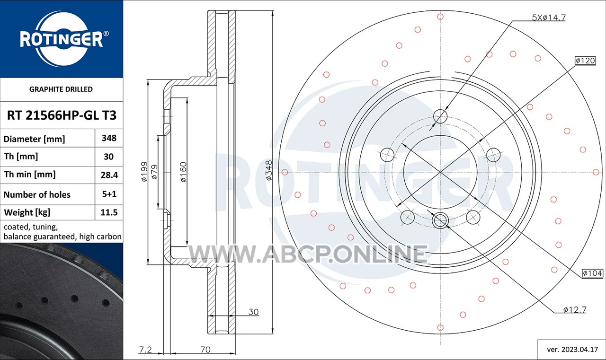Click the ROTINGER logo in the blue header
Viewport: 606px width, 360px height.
click(x=62, y=39)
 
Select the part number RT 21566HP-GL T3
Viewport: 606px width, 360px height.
click(x=62, y=115)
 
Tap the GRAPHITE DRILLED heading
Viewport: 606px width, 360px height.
click(x=61, y=89)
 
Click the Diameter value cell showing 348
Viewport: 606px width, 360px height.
click(x=109, y=138)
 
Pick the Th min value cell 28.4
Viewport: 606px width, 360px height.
click(x=109, y=175)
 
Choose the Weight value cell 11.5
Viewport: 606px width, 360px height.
click(x=109, y=212)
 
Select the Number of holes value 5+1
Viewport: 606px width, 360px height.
click(x=109, y=194)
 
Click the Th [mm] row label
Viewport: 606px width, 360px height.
click(x=21, y=157)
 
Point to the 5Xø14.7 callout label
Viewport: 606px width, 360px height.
click(x=549, y=18)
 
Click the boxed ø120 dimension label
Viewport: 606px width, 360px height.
click(x=585, y=61)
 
